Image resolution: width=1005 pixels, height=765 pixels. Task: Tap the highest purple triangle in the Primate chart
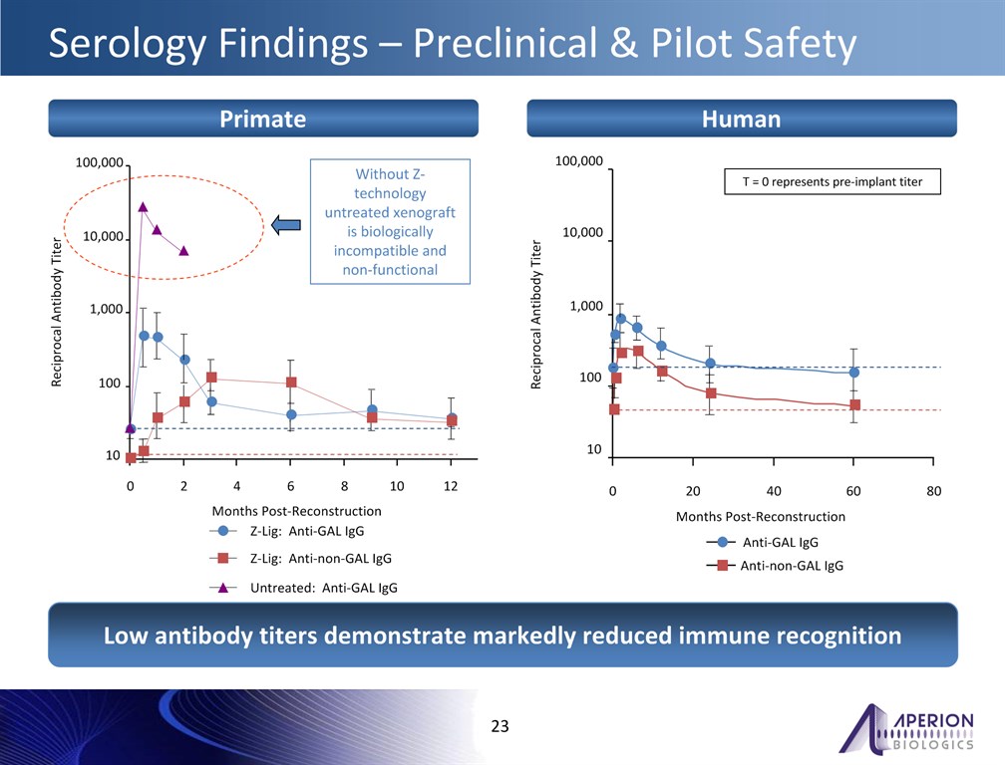click(143, 207)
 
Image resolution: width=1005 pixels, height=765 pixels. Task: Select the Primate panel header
click(263, 120)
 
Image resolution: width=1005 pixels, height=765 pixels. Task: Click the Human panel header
click(741, 120)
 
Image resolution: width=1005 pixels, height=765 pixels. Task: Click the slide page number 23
click(501, 726)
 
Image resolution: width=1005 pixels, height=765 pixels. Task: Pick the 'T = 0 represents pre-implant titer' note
click(831, 182)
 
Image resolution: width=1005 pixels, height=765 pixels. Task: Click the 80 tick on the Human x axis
click(933, 491)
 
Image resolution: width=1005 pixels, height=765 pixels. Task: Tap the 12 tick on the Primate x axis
click(451, 486)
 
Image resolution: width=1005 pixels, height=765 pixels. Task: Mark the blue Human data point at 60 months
click(853, 373)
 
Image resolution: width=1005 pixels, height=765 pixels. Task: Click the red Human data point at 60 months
click(854, 404)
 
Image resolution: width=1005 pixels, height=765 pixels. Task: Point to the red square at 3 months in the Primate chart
click(211, 378)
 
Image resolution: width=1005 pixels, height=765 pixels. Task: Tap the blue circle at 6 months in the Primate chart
click(290, 414)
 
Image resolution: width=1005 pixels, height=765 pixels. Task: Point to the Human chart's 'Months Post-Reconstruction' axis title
click(760, 517)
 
